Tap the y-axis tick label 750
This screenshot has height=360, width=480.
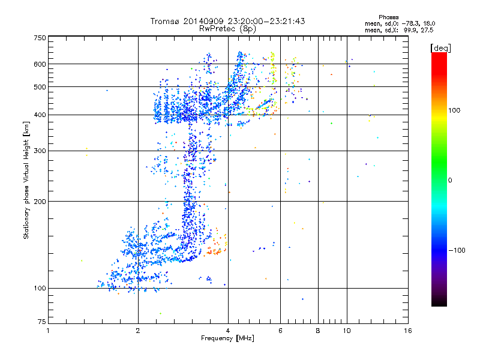39,37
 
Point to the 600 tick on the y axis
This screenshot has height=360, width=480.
39,64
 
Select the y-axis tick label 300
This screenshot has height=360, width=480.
39,151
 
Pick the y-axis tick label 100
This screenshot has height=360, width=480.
39,288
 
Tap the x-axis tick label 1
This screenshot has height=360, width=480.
48,331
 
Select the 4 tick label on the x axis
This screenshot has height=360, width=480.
227,331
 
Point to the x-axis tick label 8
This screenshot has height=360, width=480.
317,331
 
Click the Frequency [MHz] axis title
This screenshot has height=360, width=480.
227,338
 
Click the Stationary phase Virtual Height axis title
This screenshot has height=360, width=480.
26,180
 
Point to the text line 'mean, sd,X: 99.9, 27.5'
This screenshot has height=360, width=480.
399,29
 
